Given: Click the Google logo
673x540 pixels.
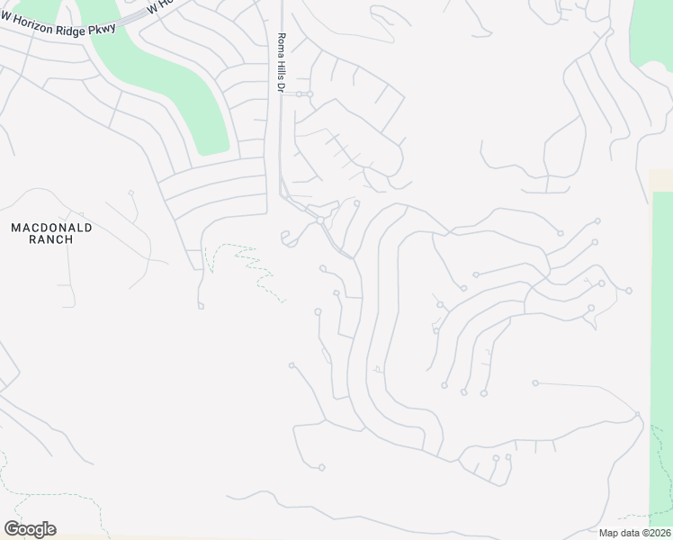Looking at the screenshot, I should [30, 529].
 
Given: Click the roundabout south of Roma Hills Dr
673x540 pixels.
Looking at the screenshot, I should [319, 220].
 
